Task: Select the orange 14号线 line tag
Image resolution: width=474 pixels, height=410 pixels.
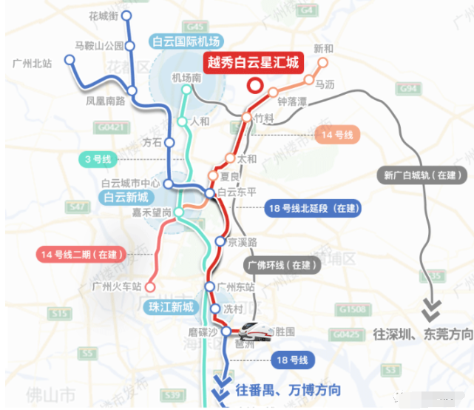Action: pyautogui.click(x=336, y=135)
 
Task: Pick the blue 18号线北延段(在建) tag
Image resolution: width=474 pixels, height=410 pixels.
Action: pyautogui.click(x=313, y=209)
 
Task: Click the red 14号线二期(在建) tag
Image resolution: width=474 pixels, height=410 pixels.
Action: pyautogui.click(x=81, y=255)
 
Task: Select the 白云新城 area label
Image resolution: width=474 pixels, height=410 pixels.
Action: pyautogui.click(x=126, y=198)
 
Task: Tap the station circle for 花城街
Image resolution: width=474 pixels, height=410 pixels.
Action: pyautogui.click(x=126, y=16)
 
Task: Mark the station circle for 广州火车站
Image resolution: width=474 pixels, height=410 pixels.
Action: pyautogui.click(x=151, y=286)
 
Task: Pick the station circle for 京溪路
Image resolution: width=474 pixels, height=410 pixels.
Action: pyautogui.click(x=220, y=241)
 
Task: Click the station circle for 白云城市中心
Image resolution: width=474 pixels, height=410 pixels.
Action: pyautogui.click(x=169, y=184)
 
